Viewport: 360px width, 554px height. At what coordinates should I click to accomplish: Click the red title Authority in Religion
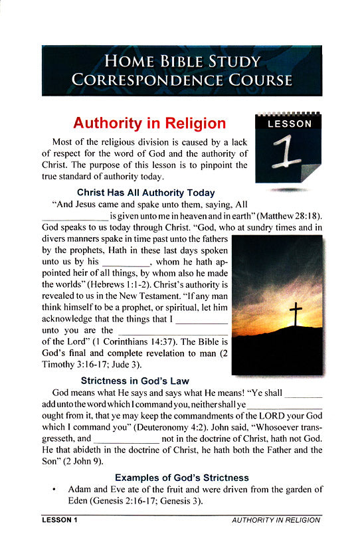pos(149,124)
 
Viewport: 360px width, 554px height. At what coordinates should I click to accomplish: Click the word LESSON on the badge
pos(289,124)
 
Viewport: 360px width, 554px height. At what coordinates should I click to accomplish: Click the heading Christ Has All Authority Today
pos(146,193)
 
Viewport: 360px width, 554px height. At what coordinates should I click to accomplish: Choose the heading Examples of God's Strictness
pos(182,478)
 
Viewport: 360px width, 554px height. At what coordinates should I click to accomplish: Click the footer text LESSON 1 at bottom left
pos(59,519)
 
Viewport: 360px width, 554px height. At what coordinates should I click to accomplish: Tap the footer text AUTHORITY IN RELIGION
pos(276,519)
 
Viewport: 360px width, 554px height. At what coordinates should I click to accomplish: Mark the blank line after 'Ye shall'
pos(303,397)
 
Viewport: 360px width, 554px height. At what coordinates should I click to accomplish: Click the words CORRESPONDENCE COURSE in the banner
pos(181,81)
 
